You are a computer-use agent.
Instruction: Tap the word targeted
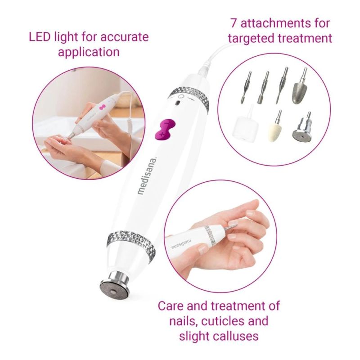(x=251, y=38)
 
